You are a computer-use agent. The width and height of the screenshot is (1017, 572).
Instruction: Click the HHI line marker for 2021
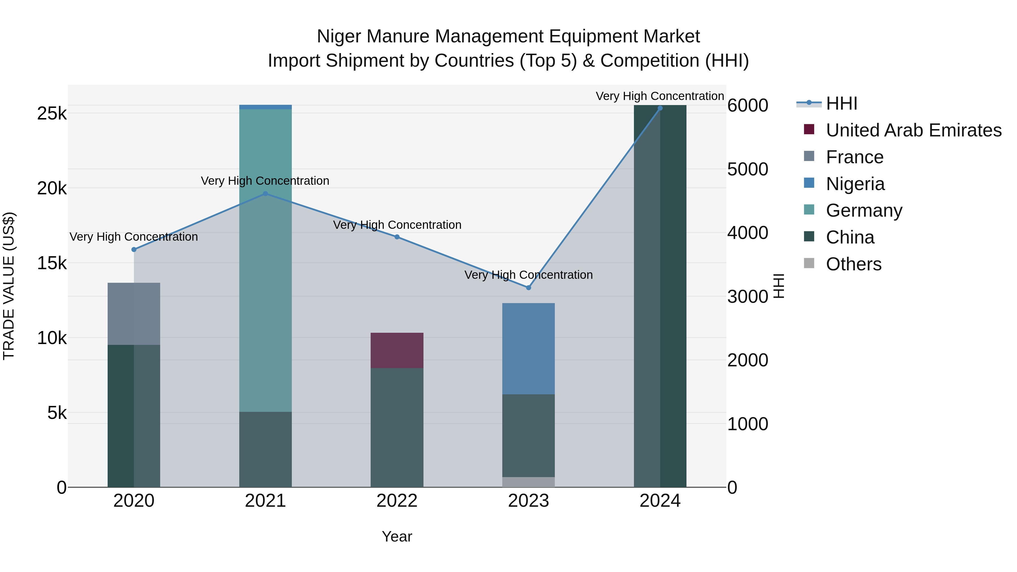pyautogui.click(x=265, y=194)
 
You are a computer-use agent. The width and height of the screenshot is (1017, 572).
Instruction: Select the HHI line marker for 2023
pyautogui.click(x=529, y=288)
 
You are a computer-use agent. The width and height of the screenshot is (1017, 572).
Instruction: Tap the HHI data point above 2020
pyautogui.click(x=134, y=249)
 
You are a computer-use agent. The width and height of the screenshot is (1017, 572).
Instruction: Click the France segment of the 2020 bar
pyautogui.click(x=134, y=314)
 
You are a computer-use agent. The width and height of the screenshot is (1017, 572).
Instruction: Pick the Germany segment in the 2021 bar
pyautogui.click(x=265, y=260)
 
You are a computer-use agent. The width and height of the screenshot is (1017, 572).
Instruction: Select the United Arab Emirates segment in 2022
pyautogui.click(x=397, y=351)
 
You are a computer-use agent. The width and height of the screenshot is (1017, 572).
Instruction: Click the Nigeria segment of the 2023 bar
pyautogui.click(x=528, y=349)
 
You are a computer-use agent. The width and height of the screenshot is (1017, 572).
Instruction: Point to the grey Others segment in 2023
pyautogui.click(x=528, y=482)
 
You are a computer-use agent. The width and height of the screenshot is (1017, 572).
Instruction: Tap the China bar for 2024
pyautogui.click(x=660, y=296)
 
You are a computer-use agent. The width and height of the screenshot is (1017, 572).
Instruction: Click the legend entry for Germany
pyautogui.click(x=864, y=210)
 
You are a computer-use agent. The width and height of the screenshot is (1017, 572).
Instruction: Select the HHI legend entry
pyautogui.click(x=841, y=103)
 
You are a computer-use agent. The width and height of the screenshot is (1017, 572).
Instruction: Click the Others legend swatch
pyautogui.click(x=809, y=263)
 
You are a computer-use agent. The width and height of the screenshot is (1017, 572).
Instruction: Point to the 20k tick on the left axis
pyautogui.click(x=52, y=189)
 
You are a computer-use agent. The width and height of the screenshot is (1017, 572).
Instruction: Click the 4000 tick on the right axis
pyautogui.click(x=747, y=233)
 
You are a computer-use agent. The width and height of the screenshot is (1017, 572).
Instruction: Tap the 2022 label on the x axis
pyautogui.click(x=397, y=501)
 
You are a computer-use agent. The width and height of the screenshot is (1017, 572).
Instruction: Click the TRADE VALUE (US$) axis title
pyautogui.click(x=9, y=286)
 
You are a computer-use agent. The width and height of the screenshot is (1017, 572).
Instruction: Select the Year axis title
pyautogui.click(x=397, y=536)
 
